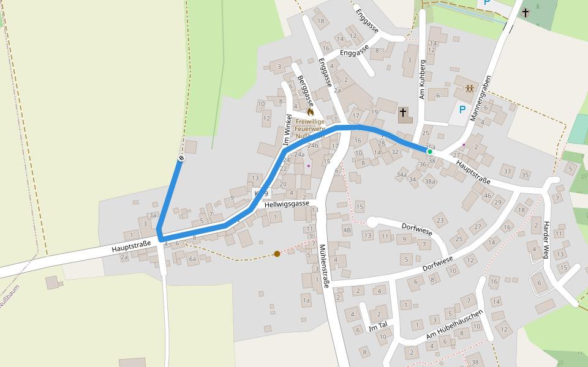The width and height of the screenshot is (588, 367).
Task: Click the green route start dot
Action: coord(429,151)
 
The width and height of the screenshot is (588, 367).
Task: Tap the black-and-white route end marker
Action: coord(181,159)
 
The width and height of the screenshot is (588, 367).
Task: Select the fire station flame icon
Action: coord(311,112)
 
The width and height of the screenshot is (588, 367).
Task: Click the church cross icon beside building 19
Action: coord(403,113)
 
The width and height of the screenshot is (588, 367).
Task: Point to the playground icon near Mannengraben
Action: coord(469,89)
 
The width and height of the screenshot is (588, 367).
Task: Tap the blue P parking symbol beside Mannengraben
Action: coord(462,110)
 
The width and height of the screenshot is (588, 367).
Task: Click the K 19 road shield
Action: coord(261,193)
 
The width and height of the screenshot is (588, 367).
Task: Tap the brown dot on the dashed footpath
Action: coord(277,253)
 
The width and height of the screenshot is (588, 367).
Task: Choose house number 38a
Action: coord(430,181)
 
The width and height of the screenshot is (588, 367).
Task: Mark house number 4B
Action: coord(347,231)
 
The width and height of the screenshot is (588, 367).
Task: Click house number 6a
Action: coord(192,259)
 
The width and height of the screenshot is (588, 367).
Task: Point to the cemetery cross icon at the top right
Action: coord(525,12)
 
